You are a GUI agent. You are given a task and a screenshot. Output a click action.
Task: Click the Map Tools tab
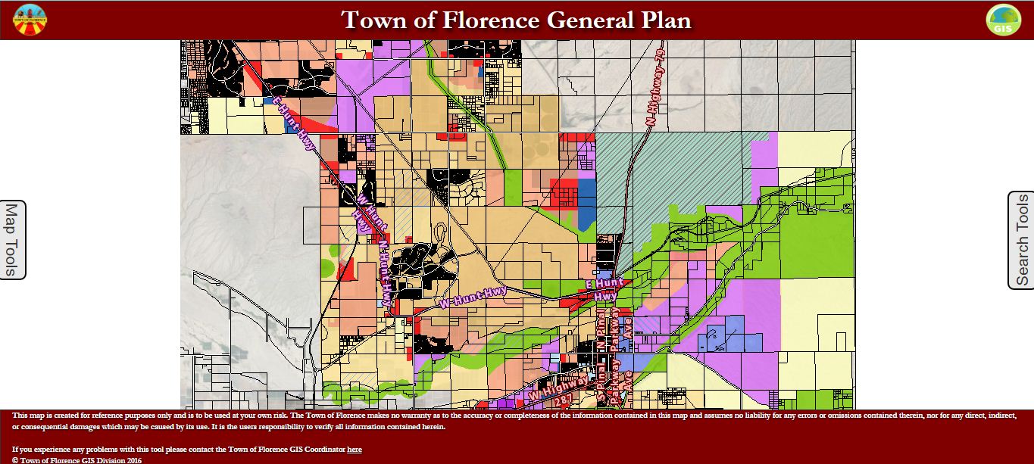12,240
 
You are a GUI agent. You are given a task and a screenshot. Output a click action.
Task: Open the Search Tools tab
1021,240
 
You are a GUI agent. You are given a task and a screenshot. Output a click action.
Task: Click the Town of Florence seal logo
30,20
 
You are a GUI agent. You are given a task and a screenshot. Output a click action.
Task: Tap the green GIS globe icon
1003,20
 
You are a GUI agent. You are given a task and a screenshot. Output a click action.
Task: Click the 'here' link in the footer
354,450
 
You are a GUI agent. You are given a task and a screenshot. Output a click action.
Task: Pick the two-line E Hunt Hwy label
605,290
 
